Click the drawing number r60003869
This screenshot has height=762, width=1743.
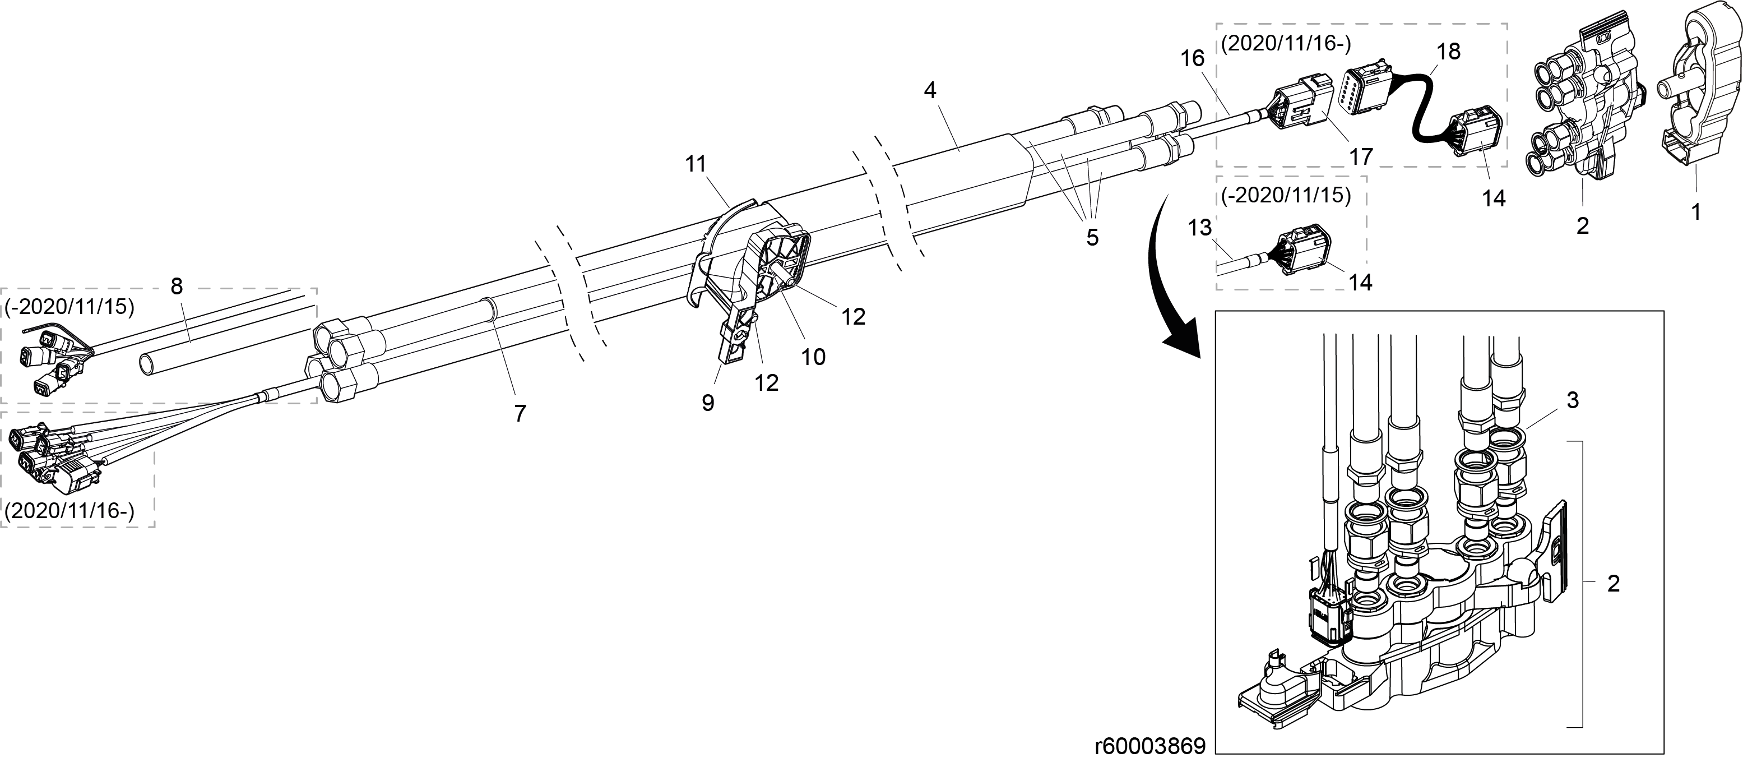pyautogui.click(x=1150, y=746)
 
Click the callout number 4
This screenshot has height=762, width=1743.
pyautogui.click(x=930, y=91)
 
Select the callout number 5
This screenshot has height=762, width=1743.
pyautogui.click(x=1093, y=238)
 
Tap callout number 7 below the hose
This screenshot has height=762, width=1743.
pyautogui.click(x=520, y=413)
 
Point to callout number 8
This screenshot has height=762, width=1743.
pyautogui.click(x=177, y=287)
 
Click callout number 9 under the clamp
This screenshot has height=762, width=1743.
pyautogui.click(x=708, y=403)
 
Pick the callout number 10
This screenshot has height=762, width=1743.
pyautogui.click(x=813, y=357)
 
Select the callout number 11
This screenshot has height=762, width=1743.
pyautogui.click(x=696, y=164)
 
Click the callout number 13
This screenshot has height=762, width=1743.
pyautogui.click(x=1200, y=228)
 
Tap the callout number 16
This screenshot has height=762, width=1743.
pyautogui.click(x=1193, y=59)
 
